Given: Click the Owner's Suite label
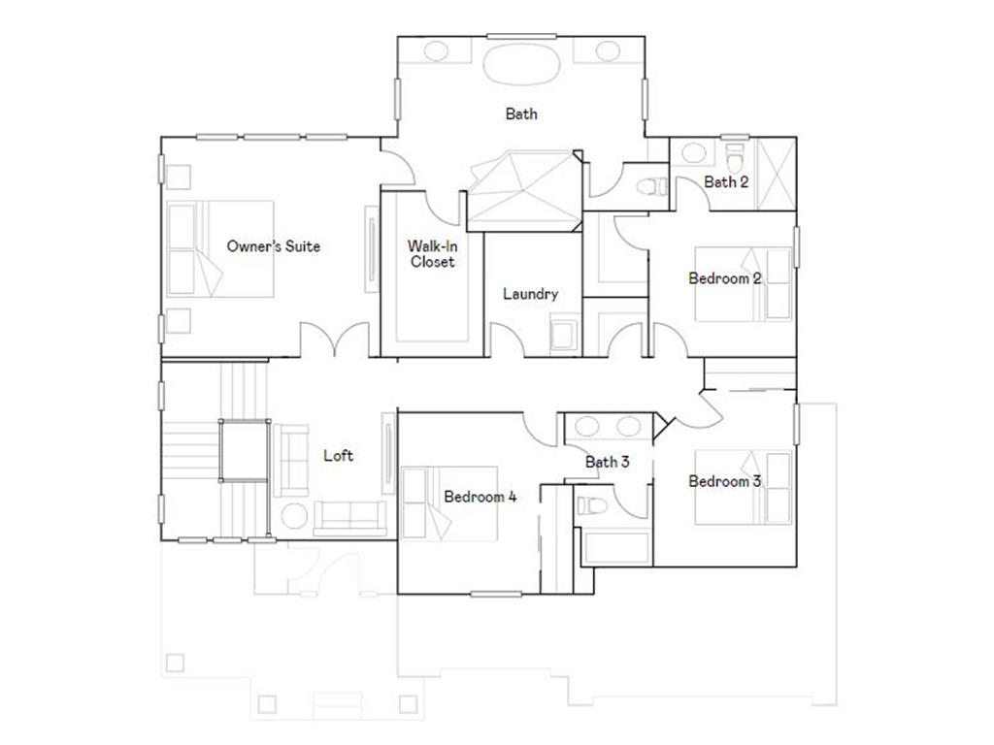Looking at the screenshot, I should click(273, 246).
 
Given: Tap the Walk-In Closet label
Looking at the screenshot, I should click(432, 254).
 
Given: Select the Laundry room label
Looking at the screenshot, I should click(530, 294).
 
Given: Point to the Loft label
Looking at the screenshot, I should click(338, 455).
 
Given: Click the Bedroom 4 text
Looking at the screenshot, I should click(480, 497).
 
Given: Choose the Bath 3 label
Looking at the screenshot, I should click(607, 462).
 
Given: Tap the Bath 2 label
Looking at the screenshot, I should click(726, 181).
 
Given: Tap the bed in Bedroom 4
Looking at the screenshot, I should click(449, 504).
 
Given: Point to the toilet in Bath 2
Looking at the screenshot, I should click(735, 155).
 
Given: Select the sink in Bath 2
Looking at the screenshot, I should click(693, 153).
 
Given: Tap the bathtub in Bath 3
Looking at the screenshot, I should click(617, 547).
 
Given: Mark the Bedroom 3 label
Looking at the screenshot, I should click(724, 481).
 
